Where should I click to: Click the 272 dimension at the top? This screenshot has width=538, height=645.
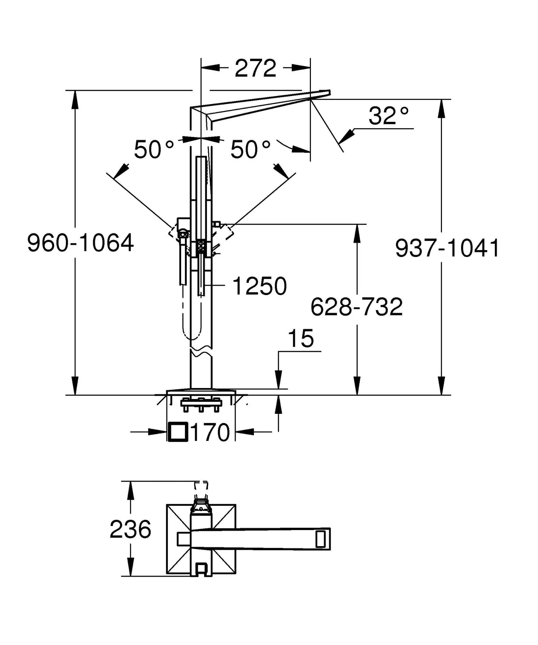click(255, 68)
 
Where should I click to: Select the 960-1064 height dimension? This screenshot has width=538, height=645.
click(81, 243)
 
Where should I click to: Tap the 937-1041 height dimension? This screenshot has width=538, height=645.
click(447, 248)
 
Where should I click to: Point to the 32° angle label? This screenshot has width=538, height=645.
click(389, 116)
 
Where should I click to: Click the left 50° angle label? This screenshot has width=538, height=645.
click(154, 149)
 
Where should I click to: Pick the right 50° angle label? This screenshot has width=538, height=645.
click(250, 149)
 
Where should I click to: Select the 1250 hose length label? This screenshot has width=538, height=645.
click(260, 286)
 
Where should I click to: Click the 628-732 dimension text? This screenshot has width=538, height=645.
click(357, 307)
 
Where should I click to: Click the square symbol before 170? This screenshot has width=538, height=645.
click(178, 432)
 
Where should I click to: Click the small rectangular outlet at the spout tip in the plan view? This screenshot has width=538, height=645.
click(320, 539)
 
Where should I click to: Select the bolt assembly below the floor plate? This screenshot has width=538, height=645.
click(201, 405)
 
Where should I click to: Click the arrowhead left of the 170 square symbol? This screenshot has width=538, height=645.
click(158, 432)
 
